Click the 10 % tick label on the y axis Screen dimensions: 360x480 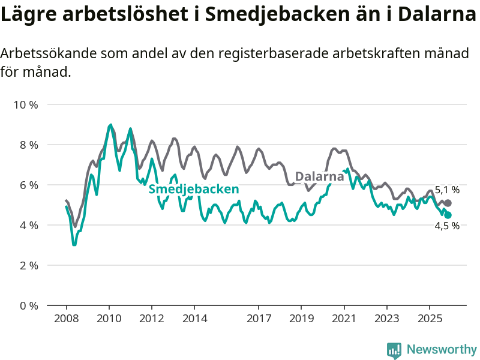click(26, 105)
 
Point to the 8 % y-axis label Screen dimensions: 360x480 click(28, 145)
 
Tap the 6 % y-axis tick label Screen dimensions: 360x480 click(28, 185)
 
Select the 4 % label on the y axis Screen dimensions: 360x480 click(28, 226)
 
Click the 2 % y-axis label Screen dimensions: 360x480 click(28, 266)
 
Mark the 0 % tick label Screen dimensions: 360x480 click(28, 305)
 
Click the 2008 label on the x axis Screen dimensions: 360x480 click(66, 318)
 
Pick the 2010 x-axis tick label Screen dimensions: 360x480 click(109, 318)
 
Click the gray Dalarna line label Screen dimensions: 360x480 click(320, 176)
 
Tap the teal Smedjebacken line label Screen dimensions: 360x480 click(194, 190)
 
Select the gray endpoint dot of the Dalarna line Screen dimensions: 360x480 click(448, 203)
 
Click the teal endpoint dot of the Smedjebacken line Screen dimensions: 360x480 click(448, 215)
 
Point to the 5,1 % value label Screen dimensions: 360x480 click(447, 190)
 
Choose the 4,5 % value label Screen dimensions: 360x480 click(447, 226)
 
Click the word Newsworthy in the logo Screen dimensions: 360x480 click(442, 349)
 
